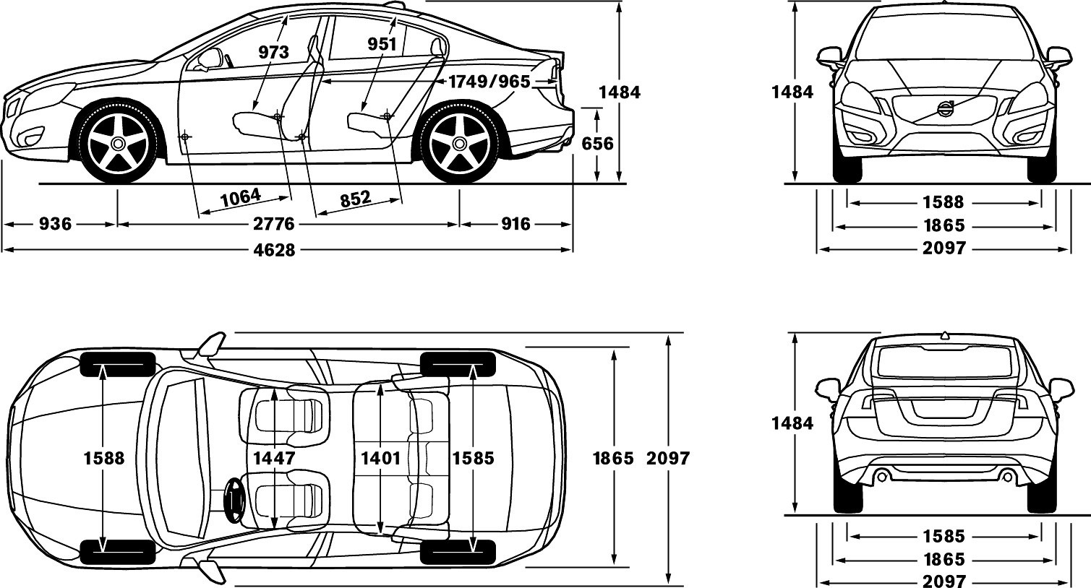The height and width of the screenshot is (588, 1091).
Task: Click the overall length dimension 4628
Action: tap(274, 250)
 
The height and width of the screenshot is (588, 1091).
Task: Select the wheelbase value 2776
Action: tap(274, 224)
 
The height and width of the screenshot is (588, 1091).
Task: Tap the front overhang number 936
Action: tap(55, 224)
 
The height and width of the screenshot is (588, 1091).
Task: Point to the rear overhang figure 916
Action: tap(515, 224)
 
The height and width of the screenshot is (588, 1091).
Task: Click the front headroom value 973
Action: tap(274, 51)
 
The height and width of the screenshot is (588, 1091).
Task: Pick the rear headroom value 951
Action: tap(382, 44)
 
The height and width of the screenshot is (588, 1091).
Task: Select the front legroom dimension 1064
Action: tap(241, 197)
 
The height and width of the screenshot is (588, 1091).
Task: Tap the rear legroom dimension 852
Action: tap(356, 199)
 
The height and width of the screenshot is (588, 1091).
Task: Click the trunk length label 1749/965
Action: tap(489, 82)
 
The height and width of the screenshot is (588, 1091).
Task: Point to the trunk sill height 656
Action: tap(598, 144)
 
